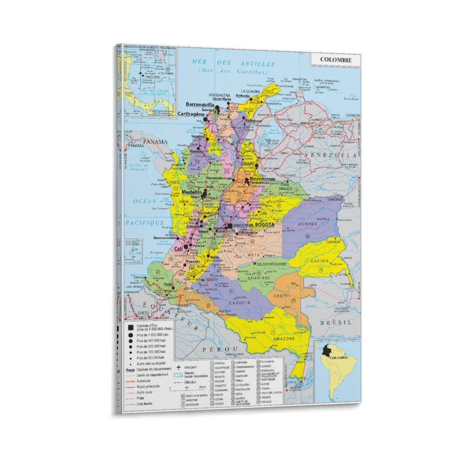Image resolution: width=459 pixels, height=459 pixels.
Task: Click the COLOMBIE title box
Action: click(336, 60)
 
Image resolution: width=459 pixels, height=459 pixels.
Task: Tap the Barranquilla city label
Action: click(200, 104)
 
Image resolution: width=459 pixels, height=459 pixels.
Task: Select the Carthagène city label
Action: click(191, 114)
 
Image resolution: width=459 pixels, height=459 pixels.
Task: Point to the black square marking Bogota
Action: click(230, 226)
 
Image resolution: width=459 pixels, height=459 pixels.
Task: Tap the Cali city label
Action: click(178, 249)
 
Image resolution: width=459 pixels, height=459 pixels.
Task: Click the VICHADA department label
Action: click(307, 224)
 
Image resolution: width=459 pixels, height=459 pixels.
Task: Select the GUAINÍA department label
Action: click(319, 261)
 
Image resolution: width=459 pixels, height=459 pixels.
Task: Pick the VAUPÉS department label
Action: click(282, 295)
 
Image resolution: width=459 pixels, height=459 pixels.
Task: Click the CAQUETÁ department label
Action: click(240, 302)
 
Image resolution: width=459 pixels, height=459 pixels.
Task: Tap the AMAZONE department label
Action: click(284, 339)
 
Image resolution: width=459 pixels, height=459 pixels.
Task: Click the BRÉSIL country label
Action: click(336, 322)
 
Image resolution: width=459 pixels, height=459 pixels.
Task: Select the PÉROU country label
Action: click(220, 349)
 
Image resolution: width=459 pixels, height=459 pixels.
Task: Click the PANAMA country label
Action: click(155, 141)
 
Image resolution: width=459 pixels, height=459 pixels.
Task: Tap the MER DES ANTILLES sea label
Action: click(233, 63)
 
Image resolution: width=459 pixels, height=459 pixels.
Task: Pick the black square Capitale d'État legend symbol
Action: click(131, 327)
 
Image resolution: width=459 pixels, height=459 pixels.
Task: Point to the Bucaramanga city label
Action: click(262, 179)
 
